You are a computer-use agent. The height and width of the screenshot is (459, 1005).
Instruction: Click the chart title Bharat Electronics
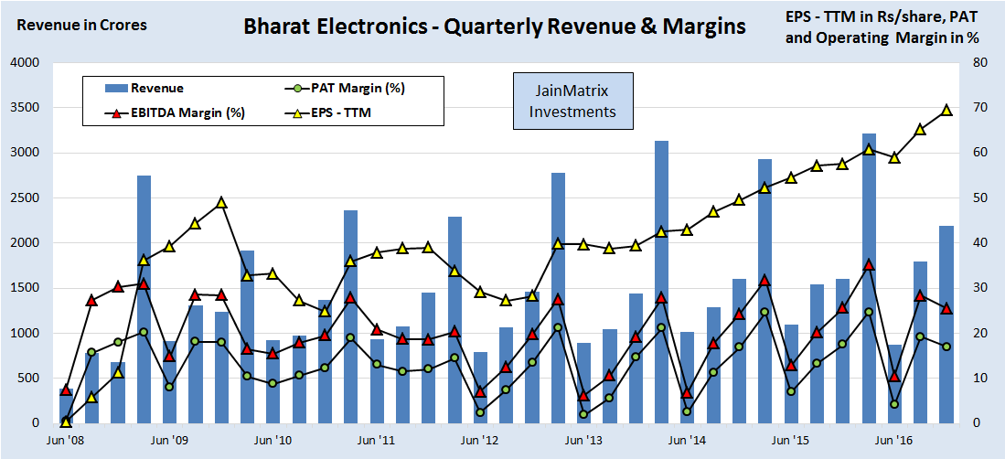tap(494, 27)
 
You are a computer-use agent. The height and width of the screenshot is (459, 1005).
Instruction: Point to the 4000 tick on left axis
tap(26, 63)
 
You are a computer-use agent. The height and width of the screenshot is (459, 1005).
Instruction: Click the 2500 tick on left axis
tap(26, 198)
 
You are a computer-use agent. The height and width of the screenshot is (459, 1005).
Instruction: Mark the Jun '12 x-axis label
tap(479, 441)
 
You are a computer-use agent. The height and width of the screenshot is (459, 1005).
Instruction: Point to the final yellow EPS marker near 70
tap(946, 110)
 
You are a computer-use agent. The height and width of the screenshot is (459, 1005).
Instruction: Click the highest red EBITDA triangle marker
tap(869, 264)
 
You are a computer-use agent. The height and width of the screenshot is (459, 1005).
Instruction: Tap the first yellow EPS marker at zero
tap(66, 422)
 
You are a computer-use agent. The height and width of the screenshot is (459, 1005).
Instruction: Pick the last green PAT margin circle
tap(946, 347)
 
